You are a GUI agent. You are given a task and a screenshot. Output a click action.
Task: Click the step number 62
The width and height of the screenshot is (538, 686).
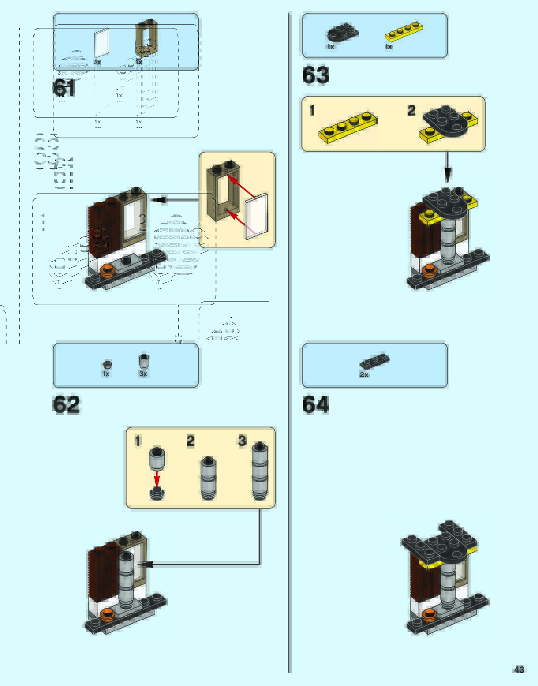pos(66,405)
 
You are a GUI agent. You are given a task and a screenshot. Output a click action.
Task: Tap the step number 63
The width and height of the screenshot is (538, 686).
pos(316,75)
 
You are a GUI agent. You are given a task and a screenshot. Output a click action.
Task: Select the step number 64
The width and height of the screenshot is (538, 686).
pos(316,405)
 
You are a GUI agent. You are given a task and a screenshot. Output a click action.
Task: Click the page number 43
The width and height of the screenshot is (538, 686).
pos(519,669)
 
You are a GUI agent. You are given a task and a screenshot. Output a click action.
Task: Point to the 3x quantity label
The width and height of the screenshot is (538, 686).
pos(143,374)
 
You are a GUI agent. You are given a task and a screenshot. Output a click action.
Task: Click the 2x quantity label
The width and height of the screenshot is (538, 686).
pos(364,375)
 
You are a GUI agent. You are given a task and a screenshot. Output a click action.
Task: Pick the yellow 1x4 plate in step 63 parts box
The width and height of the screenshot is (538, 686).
pos(404,32)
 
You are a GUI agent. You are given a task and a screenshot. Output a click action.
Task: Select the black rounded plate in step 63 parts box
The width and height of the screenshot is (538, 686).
pos(342,33)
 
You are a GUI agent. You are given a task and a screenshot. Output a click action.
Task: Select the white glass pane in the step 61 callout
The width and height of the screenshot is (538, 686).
pos(257,215)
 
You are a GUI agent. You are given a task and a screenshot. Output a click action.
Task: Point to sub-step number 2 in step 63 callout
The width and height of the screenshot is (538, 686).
pos(411,110)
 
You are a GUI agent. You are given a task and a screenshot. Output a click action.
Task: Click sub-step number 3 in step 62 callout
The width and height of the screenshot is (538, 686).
pos(242,440)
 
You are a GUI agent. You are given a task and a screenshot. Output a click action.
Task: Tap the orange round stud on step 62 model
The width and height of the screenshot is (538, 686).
pos(108,614)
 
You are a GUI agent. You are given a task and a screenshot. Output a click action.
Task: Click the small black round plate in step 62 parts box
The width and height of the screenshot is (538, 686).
pos(108,364)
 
